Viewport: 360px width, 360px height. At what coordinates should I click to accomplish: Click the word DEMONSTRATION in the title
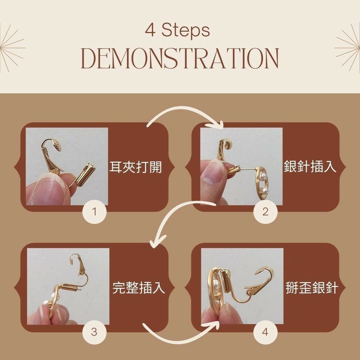(x=180, y=59)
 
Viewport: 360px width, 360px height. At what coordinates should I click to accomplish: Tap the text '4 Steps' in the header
(x=178, y=31)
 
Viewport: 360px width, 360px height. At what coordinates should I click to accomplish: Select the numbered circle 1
(x=94, y=211)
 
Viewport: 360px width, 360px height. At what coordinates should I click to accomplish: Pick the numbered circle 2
(x=265, y=211)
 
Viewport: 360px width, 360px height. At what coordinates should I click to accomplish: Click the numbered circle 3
(x=94, y=332)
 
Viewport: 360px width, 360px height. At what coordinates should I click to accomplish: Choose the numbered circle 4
(x=265, y=332)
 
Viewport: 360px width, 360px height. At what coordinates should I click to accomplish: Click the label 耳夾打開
(x=136, y=167)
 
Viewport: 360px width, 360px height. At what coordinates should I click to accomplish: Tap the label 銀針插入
(x=310, y=166)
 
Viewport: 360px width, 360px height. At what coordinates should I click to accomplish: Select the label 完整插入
(x=139, y=288)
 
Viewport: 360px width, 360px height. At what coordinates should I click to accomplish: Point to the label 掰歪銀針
(x=312, y=288)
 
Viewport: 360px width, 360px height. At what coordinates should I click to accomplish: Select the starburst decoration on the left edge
(x=12, y=48)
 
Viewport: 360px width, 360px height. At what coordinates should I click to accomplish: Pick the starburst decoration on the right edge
(x=348, y=48)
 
